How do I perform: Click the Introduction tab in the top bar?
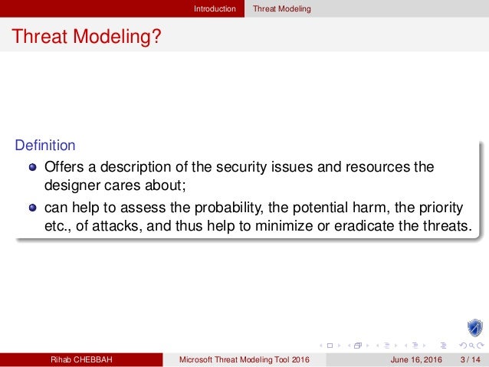pyautogui.click(x=215, y=8)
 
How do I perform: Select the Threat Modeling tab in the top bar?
pyautogui.click(x=284, y=8)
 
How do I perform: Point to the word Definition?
pyautogui.click(x=45, y=145)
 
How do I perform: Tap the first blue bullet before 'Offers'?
pyautogui.click(x=33, y=167)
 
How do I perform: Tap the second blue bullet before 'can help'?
pyautogui.click(x=33, y=208)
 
